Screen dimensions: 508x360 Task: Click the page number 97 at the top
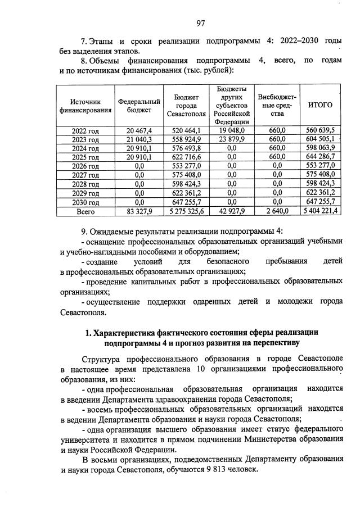pyautogui.click(x=201, y=23)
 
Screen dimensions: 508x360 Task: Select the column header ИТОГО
pyautogui.click(x=321, y=105)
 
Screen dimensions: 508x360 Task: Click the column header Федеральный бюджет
pyautogui.click(x=139, y=105)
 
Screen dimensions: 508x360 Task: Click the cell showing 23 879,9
pyautogui.click(x=231, y=139)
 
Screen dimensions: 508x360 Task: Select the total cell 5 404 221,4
pyautogui.click(x=321, y=212)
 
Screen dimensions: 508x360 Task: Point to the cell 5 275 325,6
pyautogui.click(x=186, y=212)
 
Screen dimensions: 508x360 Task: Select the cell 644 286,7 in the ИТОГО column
pyautogui.click(x=321, y=157)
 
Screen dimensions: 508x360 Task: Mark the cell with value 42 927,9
pyautogui.click(x=231, y=212)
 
